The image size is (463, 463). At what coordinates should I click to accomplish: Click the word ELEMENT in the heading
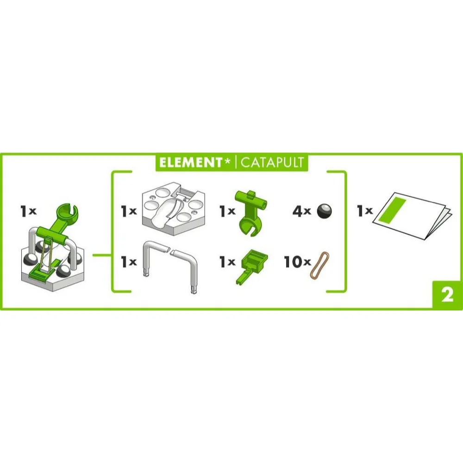tap(190, 163)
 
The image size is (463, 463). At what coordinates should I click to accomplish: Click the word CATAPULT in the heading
tap(272, 163)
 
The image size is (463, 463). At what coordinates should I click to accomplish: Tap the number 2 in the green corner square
tap(447, 294)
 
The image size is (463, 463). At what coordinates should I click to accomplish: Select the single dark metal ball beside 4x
tap(324, 211)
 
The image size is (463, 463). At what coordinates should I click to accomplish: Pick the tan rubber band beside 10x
tap(319, 265)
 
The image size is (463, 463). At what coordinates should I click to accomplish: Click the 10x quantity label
tap(297, 262)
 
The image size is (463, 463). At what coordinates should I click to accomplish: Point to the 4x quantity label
tap(302, 211)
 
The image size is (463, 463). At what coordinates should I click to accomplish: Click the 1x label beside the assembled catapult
tap(28, 211)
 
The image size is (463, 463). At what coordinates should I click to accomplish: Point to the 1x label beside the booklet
tap(365, 211)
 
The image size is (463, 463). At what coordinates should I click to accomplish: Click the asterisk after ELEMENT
tap(227, 161)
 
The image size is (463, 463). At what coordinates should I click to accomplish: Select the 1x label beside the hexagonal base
tap(129, 211)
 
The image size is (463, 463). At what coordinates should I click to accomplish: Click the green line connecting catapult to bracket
tap(102, 255)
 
